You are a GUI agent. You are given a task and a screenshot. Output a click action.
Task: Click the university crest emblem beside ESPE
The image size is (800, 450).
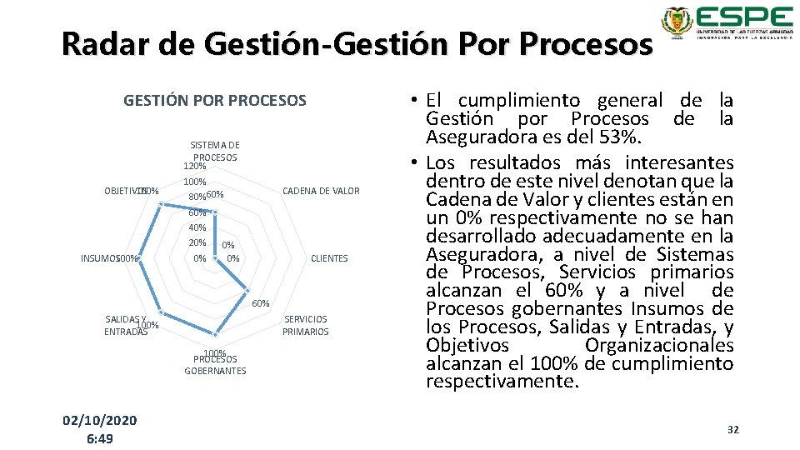(676, 22)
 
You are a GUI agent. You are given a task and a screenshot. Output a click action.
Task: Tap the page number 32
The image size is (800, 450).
(733, 429)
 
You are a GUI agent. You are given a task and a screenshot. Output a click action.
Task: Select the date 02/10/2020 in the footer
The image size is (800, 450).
(100, 419)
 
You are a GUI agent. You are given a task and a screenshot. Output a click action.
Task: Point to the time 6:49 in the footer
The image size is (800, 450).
(100, 438)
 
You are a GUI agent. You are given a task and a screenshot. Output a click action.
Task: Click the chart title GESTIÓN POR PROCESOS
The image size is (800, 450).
(215, 101)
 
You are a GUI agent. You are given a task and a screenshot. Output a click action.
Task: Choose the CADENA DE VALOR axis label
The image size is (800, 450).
(322, 191)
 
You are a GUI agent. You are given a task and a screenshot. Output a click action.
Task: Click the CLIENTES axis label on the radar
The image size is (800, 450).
(329, 258)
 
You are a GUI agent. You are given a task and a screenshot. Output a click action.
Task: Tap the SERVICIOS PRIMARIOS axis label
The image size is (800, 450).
(305, 325)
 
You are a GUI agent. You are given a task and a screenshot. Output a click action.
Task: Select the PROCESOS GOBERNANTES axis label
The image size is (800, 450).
(215, 365)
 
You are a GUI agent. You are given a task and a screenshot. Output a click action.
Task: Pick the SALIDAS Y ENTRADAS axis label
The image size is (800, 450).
(126, 325)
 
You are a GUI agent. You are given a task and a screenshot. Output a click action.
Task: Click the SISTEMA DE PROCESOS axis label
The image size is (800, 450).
(215, 151)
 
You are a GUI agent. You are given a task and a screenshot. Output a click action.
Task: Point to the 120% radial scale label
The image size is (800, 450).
(195, 166)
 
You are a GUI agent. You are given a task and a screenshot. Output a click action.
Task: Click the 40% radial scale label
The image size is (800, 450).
(197, 227)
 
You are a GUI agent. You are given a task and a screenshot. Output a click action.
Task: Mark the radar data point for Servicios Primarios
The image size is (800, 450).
(245, 292)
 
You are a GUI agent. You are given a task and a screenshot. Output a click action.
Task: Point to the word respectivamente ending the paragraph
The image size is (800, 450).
(500, 382)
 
